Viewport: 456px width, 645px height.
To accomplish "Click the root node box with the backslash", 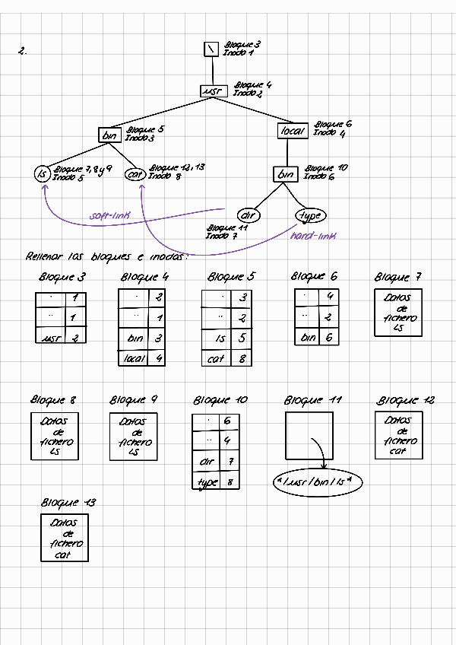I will [212, 49].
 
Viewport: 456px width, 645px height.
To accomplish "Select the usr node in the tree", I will [211, 91].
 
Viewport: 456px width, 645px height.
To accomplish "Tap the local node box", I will [293, 131].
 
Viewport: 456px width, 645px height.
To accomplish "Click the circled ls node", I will [42, 174].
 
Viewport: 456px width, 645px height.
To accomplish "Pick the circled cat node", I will [135, 174].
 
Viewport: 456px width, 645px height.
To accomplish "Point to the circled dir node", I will [249, 215].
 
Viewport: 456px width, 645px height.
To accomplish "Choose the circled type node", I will [309, 215].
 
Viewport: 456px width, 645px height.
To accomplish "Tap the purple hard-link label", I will [312, 237].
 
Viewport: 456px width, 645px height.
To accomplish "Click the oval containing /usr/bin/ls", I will [317, 482].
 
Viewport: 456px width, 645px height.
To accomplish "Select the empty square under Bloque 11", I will [309, 436].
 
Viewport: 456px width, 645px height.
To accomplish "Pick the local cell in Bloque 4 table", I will [135, 357].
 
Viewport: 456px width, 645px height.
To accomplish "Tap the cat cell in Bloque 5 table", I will [217, 358].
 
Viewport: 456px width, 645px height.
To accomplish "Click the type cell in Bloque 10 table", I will [207, 482].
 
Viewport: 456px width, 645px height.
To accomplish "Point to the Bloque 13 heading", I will [68, 504].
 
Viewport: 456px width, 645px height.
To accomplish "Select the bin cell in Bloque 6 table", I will [308, 337].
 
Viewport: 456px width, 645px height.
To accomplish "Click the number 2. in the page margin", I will [23, 52].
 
